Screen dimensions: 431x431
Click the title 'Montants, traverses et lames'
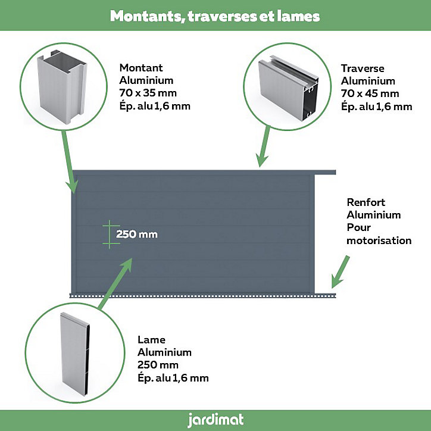click(x=215, y=16)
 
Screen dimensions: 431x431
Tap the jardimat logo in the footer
click(x=215, y=420)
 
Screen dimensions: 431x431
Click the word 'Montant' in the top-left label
click(x=141, y=68)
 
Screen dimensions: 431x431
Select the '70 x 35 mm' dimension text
click(x=148, y=93)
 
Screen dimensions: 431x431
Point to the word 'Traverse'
click(x=363, y=68)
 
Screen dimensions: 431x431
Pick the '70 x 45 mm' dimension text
click(x=370, y=93)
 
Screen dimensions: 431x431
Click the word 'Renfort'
click(x=366, y=202)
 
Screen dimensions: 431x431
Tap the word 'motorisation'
click(x=379, y=241)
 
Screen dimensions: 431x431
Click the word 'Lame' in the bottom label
click(x=151, y=340)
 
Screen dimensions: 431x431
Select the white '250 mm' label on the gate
click(x=137, y=234)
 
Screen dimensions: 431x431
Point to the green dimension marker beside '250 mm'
click(x=110, y=235)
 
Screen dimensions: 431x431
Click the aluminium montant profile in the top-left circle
click(x=62, y=87)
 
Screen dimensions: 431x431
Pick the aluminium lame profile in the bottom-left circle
click(x=75, y=354)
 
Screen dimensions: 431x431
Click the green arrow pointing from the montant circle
click(x=70, y=162)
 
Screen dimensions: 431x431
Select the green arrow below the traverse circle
click(x=263, y=146)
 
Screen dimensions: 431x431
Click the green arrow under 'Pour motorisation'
click(x=341, y=272)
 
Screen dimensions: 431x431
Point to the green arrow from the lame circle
click(x=115, y=284)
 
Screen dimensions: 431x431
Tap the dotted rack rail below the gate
click(x=202, y=296)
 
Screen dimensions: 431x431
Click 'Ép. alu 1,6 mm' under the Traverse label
click(x=377, y=107)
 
